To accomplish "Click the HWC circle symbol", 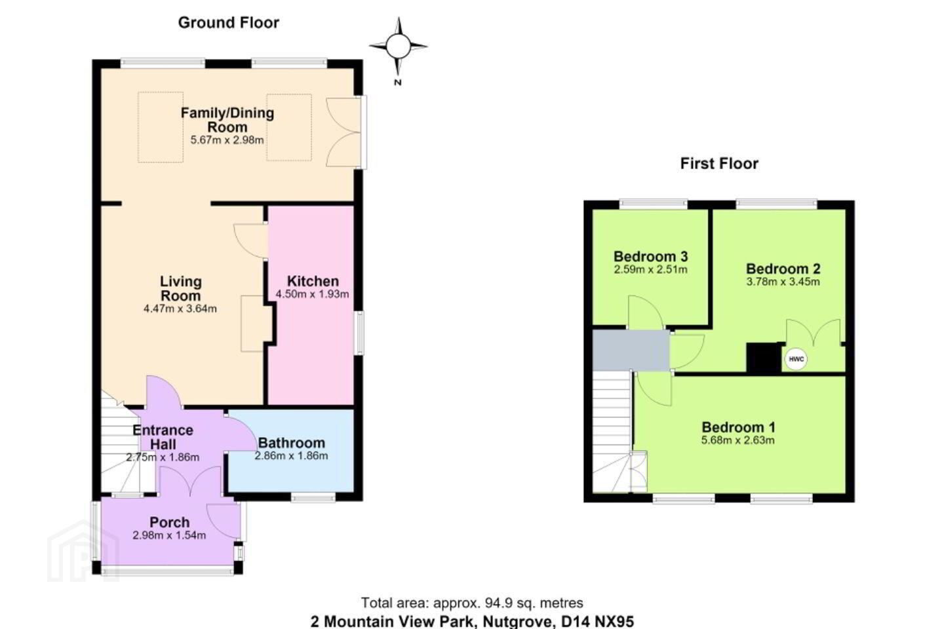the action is tap(796, 359).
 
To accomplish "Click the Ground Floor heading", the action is tap(228, 22).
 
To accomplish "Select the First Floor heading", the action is tap(719, 163).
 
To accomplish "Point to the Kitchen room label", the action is tap(313, 281).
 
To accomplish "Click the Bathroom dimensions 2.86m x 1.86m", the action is tap(291, 455).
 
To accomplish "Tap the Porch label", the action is tap(169, 522).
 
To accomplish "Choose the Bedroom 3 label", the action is tap(651, 256).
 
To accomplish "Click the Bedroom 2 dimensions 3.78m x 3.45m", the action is tap(783, 282).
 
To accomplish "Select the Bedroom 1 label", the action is tap(738, 427).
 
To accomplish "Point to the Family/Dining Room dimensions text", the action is tap(227, 140).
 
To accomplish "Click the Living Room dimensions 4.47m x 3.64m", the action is tap(180, 309).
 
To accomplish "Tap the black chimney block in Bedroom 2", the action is tap(764, 358).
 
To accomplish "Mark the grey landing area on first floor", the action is tap(631, 350).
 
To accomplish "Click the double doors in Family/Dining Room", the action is tap(344, 132).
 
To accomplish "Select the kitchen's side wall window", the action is tap(359, 333).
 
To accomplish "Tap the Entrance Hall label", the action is tap(163, 437).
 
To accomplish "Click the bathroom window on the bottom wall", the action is tap(313, 498).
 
